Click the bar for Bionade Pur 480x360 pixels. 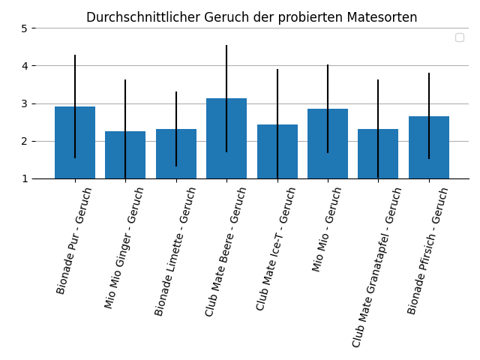click(75, 142)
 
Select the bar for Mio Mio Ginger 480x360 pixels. click(125, 155)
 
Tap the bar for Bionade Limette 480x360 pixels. click(176, 154)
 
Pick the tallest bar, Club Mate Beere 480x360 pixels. click(226, 139)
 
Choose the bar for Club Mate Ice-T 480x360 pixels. click(277, 151)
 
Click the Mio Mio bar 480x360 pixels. click(328, 144)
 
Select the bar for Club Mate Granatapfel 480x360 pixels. click(378, 154)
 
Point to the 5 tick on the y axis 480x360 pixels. click(24, 28)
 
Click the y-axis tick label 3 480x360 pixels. click(24, 103)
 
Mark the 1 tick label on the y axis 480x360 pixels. click(24, 178)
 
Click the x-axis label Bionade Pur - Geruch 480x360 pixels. click(73, 240)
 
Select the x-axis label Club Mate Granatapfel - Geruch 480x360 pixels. click(377, 267)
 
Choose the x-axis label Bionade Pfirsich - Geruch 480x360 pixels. click(427, 250)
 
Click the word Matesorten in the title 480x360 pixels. click(386, 17)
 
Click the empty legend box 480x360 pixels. click(459, 37)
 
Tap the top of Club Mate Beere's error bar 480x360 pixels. click(226, 46)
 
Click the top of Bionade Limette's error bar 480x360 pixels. click(176, 92)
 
